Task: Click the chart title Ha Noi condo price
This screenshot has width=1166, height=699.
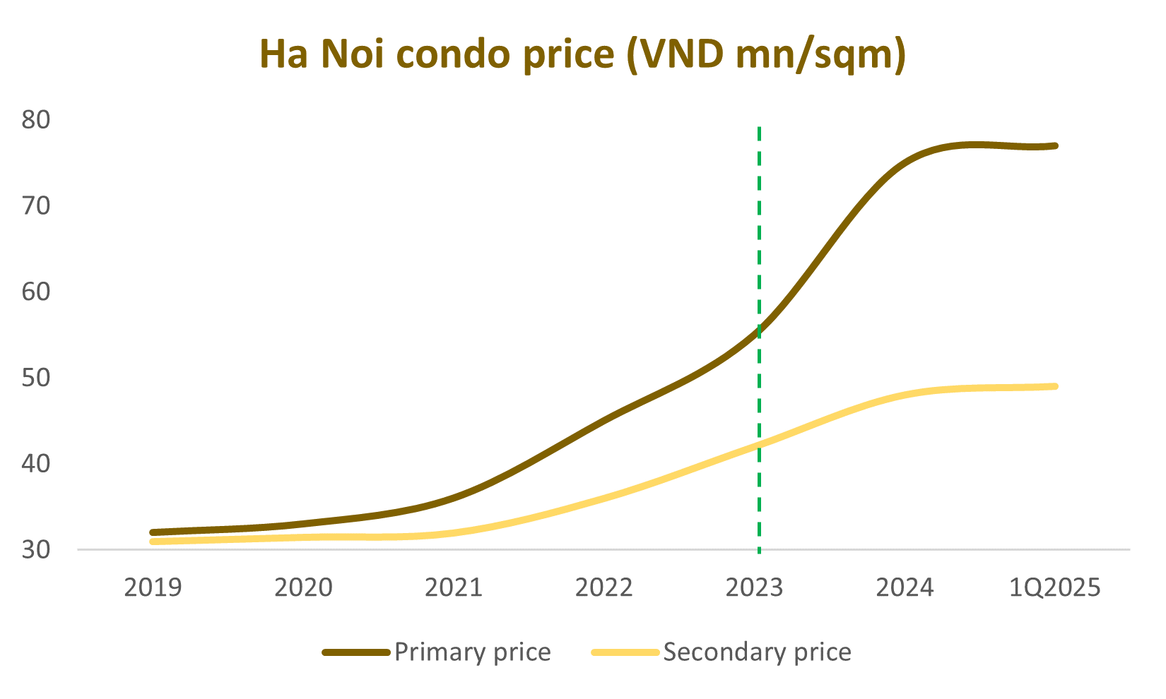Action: [x=582, y=54]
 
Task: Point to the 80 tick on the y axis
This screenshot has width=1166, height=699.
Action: [x=36, y=120]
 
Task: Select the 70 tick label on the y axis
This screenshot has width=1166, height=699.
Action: [x=36, y=206]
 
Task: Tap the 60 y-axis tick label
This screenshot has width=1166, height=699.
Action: [x=36, y=292]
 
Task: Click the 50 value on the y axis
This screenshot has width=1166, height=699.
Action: [x=36, y=378]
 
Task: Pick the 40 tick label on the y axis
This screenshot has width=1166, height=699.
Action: [x=36, y=464]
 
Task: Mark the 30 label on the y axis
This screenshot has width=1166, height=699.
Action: [x=36, y=549]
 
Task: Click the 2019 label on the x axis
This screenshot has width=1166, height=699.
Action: [x=153, y=587]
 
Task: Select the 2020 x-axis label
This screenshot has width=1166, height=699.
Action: [x=303, y=587]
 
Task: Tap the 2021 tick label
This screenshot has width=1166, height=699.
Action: [x=454, y=587]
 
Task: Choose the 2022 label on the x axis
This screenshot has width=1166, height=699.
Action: [x=604, y=587]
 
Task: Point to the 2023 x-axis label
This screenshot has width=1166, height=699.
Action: [x=755, y=587]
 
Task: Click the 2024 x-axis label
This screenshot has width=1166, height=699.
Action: [x=905, y=587]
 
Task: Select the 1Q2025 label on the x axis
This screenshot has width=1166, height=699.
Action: [x=1056, y=587]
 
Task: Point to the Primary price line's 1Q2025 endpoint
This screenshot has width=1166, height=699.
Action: [x=1055, y=146]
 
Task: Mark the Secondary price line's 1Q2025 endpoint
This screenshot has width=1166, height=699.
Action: [x=1055, y=386]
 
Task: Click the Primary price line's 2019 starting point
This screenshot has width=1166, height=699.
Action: [x=153, y=532]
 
